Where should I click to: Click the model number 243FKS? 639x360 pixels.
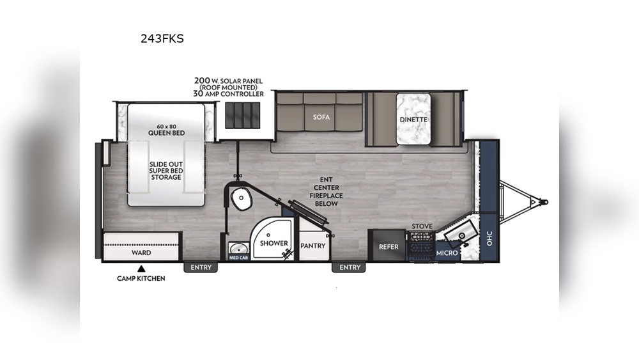tap(162, 38)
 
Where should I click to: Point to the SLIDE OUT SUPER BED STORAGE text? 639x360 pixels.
tap(166, 170)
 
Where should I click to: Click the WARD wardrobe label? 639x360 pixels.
tap(141, 253)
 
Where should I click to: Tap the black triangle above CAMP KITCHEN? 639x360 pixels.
tap(141, 269)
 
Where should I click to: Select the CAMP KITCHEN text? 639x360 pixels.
tap(141, 278)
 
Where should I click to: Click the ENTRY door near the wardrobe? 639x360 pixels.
tap(199, 267)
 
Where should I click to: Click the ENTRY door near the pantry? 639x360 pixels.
tap(350, 267)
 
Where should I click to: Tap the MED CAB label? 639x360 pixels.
tap(238, 257)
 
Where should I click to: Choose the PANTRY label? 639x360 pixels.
tap(312, 246)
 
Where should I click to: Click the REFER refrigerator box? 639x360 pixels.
tap(389, 247)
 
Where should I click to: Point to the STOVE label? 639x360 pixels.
tap(422, 226)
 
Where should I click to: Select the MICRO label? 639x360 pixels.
tap(447, 254)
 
